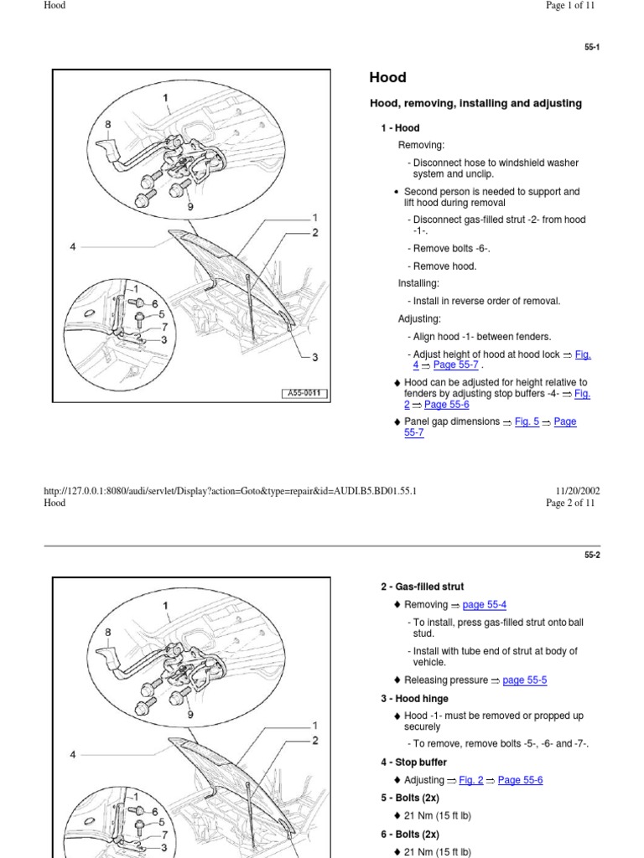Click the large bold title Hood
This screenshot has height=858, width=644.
tap(387, 78)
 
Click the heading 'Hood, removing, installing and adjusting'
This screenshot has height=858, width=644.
tap(475, 104)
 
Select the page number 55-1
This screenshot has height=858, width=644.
tap(592, 48)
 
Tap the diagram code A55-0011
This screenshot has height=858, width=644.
tap(304, 394)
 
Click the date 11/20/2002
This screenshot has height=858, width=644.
tap(578, 492)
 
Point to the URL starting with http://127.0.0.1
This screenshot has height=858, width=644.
tap(230, 492)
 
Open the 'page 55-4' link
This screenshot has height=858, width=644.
tap(484, 605)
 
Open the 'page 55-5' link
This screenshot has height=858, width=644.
tap(524, 680)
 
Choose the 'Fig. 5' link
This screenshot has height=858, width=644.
tap(527, 422)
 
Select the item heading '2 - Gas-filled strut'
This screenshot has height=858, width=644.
tap(422, 587)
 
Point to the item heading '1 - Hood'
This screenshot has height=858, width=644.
tap(400, 128)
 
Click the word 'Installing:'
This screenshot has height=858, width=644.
tap(418, 283)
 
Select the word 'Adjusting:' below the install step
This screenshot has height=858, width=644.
tap(419, 319)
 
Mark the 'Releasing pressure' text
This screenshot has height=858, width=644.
tap(445, 680)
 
